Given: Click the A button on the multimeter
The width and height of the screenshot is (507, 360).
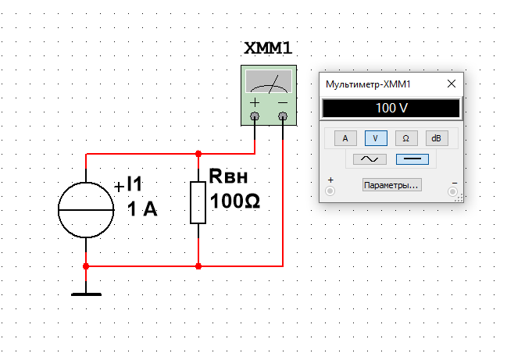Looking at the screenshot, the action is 345,138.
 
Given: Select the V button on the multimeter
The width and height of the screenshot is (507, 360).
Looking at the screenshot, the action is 376,138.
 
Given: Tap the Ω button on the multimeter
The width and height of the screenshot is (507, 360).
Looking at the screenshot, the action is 406,138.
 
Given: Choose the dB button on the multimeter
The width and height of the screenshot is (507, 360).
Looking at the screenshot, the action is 437,138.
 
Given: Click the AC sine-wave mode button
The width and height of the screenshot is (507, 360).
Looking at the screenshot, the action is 370,159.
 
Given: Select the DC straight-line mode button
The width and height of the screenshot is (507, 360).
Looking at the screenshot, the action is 412,159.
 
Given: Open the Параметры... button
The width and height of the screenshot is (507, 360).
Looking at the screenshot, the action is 391,185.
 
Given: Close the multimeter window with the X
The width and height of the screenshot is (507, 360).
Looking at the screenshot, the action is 452,84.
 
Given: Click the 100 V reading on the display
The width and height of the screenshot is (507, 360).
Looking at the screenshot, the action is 391,108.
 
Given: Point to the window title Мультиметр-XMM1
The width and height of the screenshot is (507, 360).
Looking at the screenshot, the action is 368,84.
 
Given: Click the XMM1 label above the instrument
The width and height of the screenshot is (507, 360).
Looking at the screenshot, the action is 268,48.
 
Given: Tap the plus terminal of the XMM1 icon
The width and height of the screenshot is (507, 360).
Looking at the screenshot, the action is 255,116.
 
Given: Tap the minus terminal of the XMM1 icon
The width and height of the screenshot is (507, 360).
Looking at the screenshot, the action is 283,116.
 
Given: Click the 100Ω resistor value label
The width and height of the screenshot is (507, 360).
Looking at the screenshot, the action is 234,201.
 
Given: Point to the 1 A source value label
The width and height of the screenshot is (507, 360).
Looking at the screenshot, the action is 142,209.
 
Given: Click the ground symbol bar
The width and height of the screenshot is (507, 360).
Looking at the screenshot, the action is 86,294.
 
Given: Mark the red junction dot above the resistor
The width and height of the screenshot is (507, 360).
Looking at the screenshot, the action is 198,154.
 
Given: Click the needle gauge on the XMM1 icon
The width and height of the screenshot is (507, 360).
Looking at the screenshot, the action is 269,81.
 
